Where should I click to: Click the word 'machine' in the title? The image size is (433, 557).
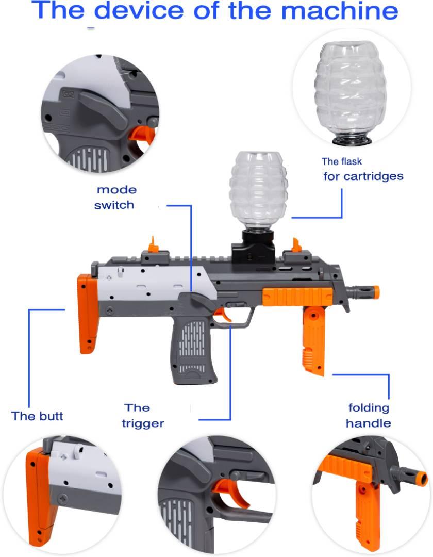click(x=340, y=11)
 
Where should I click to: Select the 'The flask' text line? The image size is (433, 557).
click(x=341, y=161)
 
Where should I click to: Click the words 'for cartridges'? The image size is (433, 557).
click(x=363, y=176)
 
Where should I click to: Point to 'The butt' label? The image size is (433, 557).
click(x=37, y=416)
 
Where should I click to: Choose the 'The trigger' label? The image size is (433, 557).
click(x=143, y=416)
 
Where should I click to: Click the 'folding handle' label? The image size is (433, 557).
click(x=369, y=416)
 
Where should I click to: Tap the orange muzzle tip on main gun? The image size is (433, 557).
click(x=375, y=292)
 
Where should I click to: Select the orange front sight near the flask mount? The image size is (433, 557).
click(x=296, y=245)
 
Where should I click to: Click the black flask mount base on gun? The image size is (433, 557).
click(x=254, y=247)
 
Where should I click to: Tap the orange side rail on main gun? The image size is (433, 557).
click(x=297, y=297)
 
